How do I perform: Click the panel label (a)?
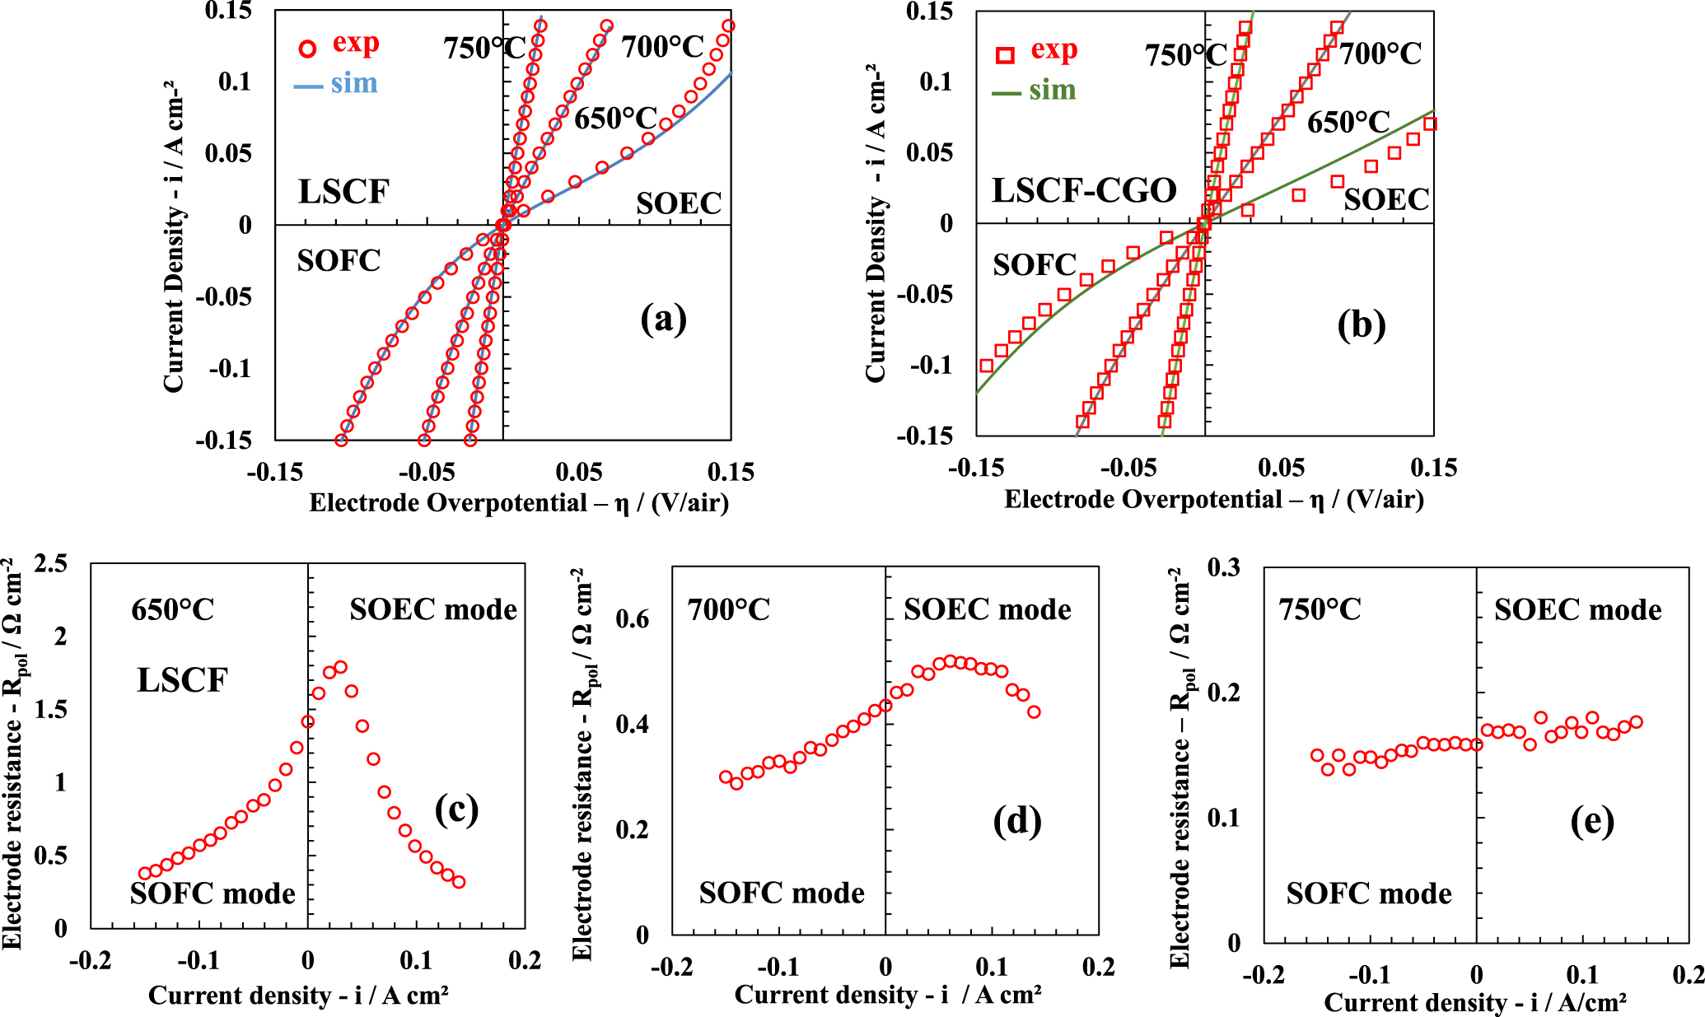663,319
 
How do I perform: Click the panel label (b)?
1361,324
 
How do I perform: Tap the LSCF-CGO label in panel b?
1084,190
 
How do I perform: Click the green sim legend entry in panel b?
1035,90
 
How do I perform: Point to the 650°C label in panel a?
615,119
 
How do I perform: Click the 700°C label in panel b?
1380,54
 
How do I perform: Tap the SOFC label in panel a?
339,261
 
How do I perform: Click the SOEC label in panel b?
1386,199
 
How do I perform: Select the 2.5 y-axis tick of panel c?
51,564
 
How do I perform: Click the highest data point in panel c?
340,667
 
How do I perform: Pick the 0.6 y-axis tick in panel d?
633,619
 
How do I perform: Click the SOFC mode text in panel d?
782,893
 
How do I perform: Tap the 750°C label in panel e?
1320,610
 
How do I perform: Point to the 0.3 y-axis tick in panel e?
1223,567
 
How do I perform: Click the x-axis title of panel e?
1474,1002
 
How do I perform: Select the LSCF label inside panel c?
182,680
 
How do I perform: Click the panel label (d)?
1016,821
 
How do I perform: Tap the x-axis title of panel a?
519,502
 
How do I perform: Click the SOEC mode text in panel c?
433,609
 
